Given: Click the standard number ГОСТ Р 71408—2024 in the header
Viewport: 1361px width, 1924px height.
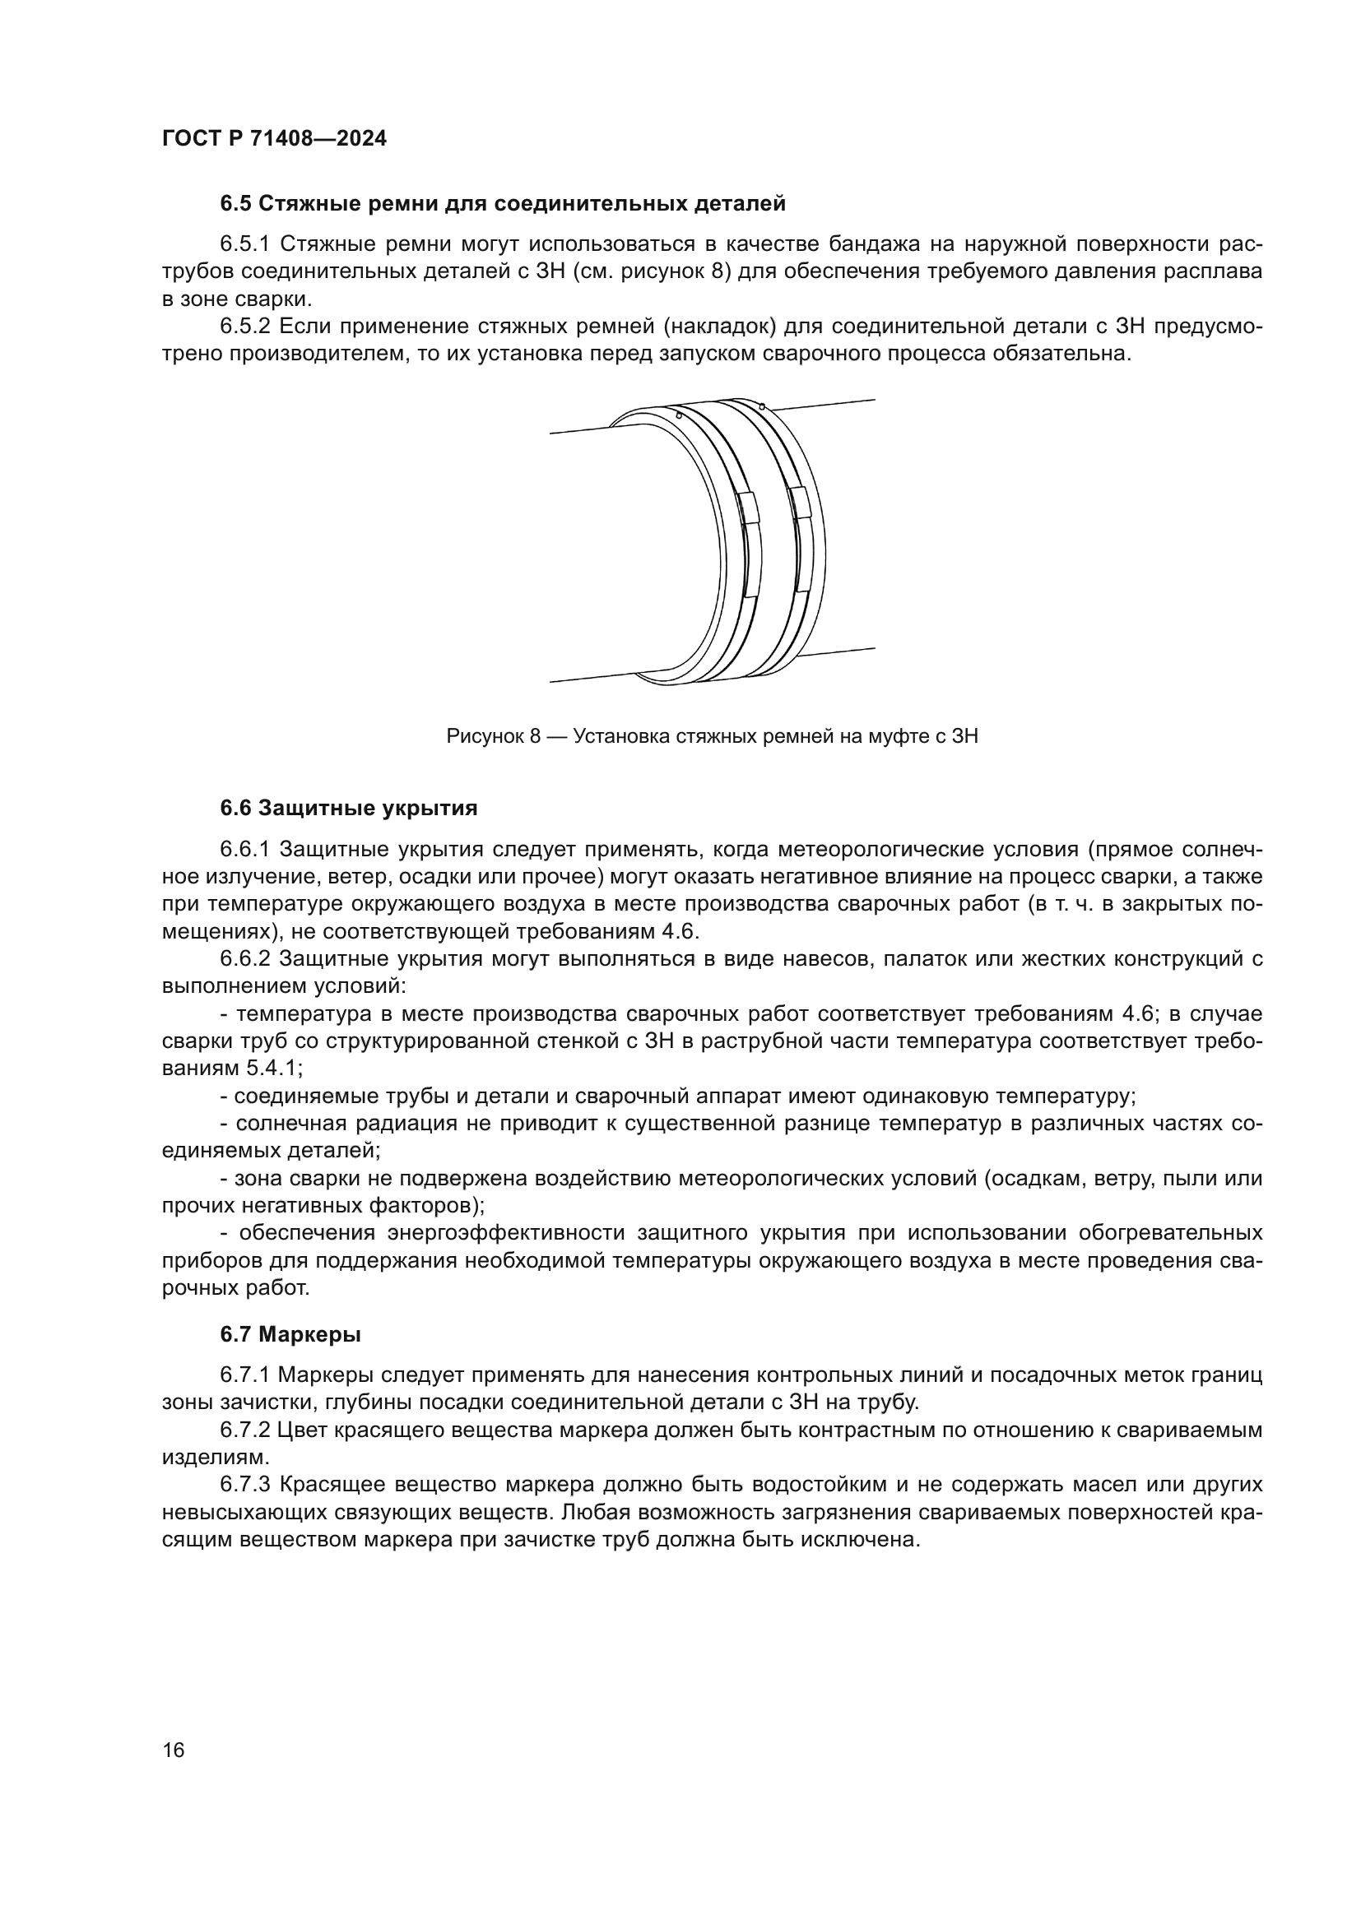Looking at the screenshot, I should tap(274, 139).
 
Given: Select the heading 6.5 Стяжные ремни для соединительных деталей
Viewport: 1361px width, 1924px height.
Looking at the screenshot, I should tap(503, 204).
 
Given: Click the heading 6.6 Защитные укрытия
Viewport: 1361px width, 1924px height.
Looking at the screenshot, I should tap(349, 809).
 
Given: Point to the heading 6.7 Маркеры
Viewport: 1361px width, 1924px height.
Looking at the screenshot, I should tap(290, 1334).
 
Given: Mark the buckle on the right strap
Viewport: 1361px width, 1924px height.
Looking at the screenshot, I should tap(801, 501).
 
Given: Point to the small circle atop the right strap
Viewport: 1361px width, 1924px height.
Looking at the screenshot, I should tap(761, 407).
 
